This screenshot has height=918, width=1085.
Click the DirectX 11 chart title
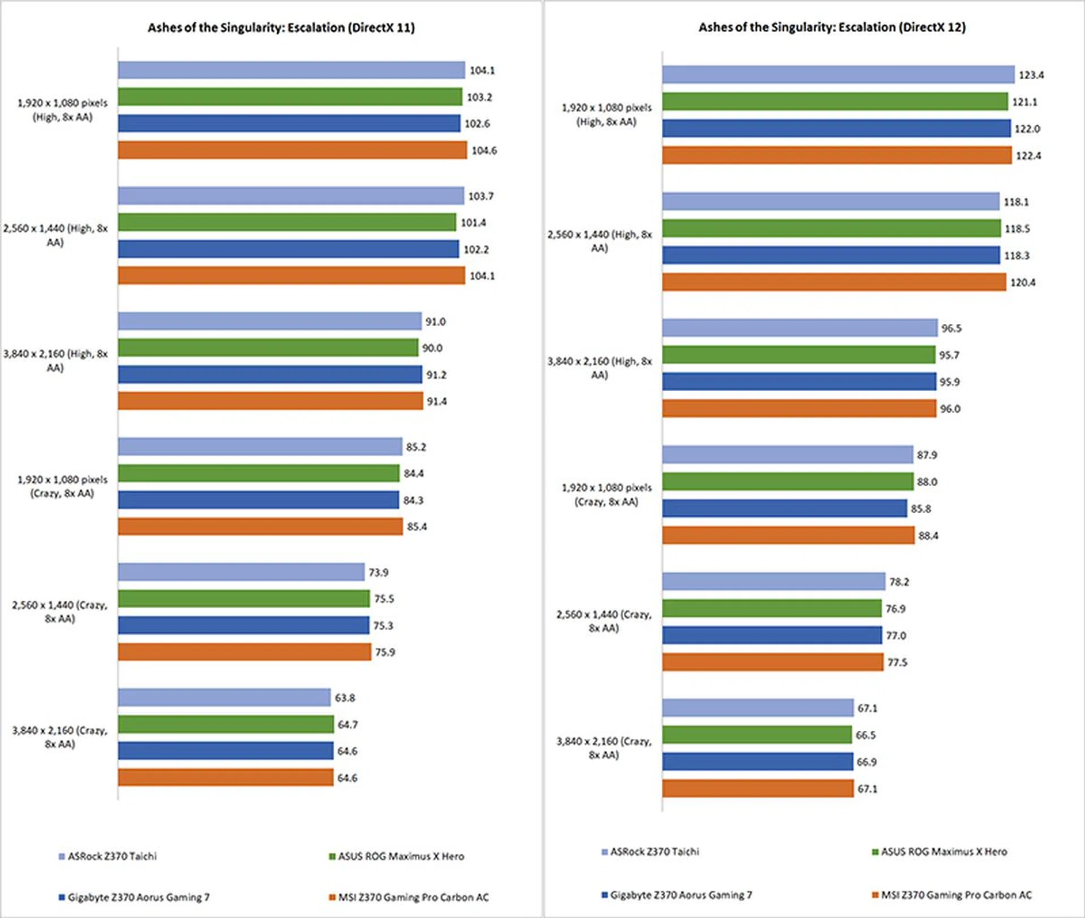(281, 28)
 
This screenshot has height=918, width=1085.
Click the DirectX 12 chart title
(832, 27)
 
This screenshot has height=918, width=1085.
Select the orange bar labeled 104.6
(292, 150)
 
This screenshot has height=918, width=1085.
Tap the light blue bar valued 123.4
(838, 75)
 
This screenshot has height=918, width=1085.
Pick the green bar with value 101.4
(287, 222)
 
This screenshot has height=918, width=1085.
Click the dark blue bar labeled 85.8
(784, 509)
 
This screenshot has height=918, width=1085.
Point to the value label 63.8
(345, 698)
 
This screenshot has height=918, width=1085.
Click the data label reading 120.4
(1023, 283)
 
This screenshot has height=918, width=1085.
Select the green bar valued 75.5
(244, 599)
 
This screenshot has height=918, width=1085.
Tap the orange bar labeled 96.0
(799, 409)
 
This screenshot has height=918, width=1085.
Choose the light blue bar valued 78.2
(774, 582)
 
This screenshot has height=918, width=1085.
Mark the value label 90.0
(432, 348)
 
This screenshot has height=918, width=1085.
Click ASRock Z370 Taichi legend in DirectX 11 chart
(112, 856)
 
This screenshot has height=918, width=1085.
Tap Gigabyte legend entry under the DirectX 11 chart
(138, 897)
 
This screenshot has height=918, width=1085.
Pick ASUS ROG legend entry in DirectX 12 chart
(944, 852)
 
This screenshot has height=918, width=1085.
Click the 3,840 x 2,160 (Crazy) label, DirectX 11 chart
(59, 737)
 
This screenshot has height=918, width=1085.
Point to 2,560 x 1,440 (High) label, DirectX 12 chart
(600, 241)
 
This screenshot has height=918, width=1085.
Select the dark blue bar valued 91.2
(270, 375)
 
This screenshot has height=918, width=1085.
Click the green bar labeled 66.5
(757, 735)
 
